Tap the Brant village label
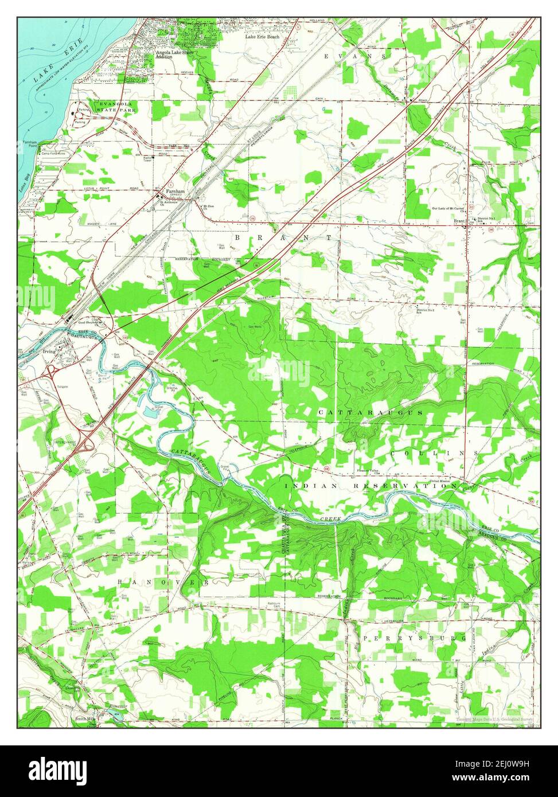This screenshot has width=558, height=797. click(x=459, y=221)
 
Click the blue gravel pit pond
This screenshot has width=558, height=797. click(x=149, y=411)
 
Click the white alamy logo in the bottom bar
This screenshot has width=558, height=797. click(x=59, y=770)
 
